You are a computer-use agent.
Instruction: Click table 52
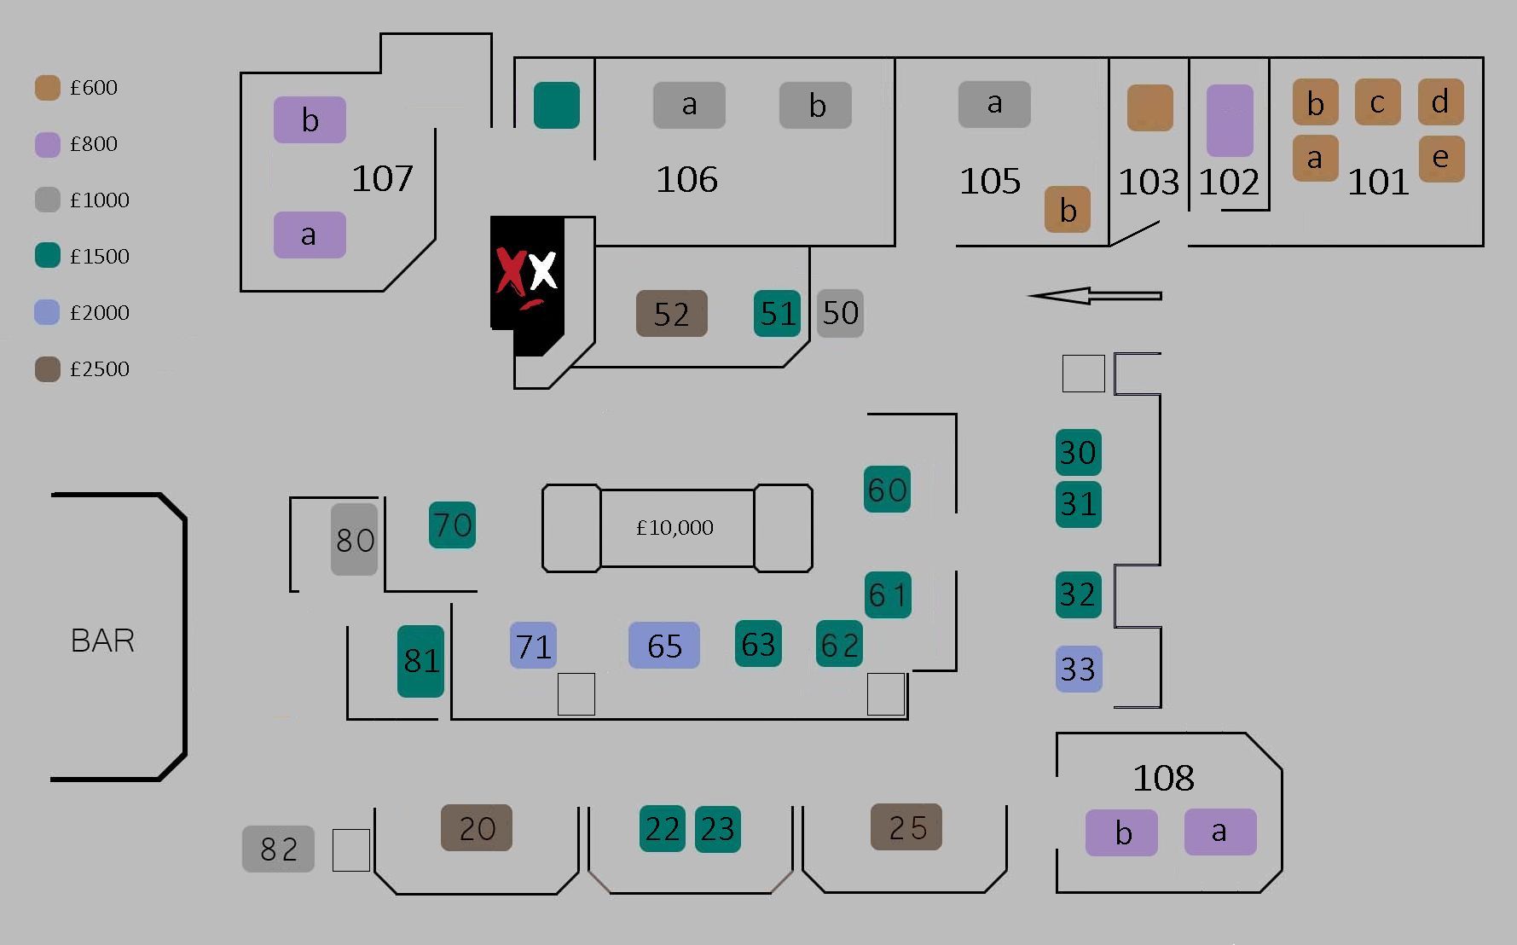click(x=671, y=313)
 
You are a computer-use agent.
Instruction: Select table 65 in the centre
click(x=664, y=646)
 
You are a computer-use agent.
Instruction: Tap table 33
click(x=1079, y=669)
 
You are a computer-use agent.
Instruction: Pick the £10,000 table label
click(x=675, y=528)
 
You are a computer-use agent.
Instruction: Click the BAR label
click(x=102, y=641)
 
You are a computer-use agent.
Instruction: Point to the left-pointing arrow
click(x=1095, y=296)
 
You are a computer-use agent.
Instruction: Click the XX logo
click(x=527, y=273)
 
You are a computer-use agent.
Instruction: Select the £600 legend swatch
click(x=48, y=88)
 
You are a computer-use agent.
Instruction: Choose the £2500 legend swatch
click(x=48, y=369)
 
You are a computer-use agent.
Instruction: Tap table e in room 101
click(x=1441, y=159)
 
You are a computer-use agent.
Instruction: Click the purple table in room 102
click(x=1230, y=120)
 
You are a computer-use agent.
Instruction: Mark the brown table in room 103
click(x=1149, y=107)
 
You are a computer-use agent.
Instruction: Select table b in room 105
click(x=1068, y=210)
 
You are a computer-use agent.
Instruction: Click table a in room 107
click(x=310, y=235)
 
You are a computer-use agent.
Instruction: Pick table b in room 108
click(x=1121, y=832)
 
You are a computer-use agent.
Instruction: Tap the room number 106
click(x=686, y=180)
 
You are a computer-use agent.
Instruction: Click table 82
click(x=278, y=849)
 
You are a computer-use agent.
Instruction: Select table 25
click(x=906, y=827)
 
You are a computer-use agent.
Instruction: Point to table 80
click(x=355, y=539)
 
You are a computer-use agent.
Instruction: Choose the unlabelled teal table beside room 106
click(x=557, y=105)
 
